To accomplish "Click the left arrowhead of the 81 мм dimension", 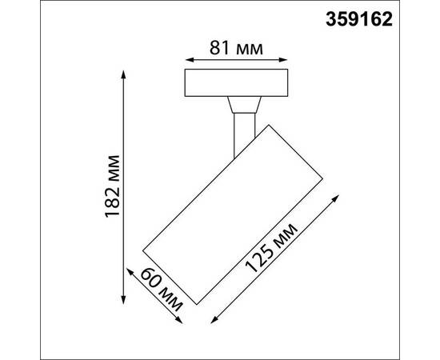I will click(188, 59).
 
